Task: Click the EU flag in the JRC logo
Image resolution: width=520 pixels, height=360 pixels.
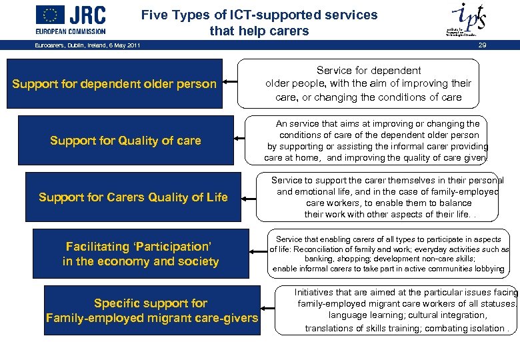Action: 50,14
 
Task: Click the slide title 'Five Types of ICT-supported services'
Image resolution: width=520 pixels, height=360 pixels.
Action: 259,15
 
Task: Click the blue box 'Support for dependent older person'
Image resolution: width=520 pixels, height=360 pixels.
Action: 115,84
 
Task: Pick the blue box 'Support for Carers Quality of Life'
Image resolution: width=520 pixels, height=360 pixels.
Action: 133,197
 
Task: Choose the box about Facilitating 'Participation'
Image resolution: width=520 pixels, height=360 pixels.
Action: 140,254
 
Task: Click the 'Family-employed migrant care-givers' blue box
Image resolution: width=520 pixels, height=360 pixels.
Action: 151,311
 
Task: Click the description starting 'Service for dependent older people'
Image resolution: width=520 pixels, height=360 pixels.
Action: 368,83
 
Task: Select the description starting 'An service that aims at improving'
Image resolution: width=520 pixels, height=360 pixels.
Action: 377,141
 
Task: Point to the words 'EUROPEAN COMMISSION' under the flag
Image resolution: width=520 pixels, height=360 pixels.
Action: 71,31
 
